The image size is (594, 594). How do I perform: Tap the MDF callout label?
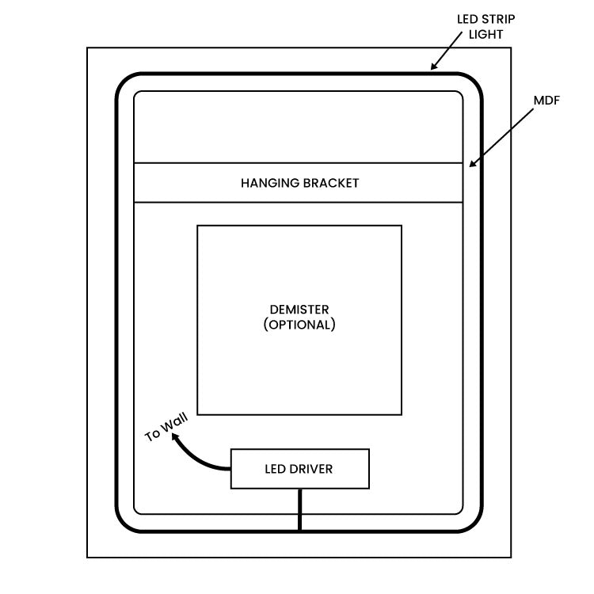546,101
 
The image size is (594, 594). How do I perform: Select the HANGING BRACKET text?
299,183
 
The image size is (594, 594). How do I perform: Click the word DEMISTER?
299,310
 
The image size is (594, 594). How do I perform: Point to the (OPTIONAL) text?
299,325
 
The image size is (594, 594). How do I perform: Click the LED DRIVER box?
299,469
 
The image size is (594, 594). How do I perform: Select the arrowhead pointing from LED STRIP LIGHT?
434,67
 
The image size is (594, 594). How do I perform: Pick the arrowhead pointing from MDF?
473,164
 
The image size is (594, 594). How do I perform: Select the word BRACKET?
331,183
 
